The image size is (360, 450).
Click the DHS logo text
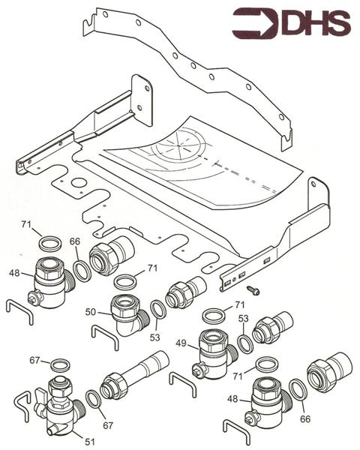315,25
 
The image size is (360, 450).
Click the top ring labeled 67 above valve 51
56,366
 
